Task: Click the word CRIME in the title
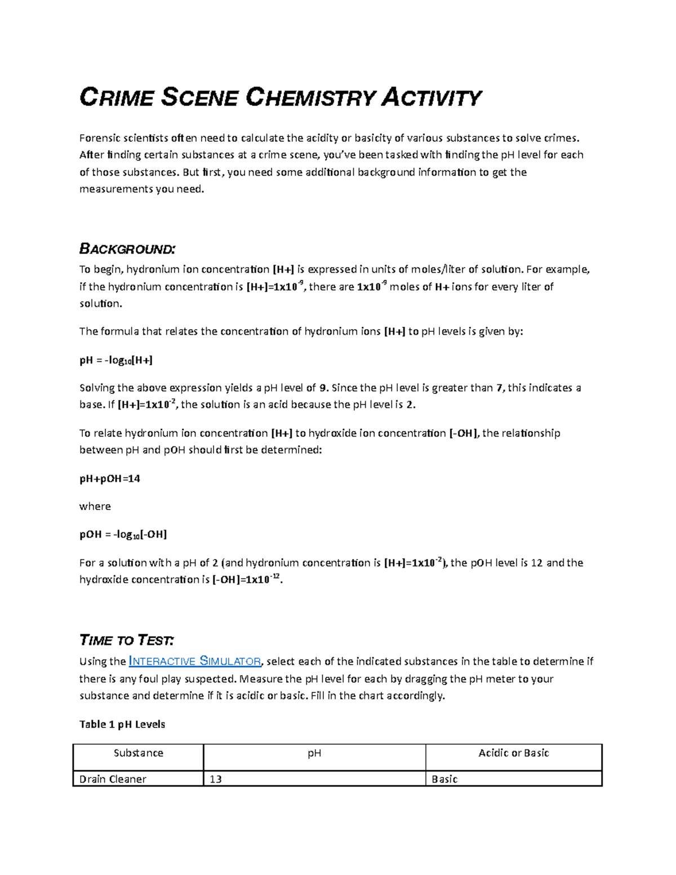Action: [117, 97]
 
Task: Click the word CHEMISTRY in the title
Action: [310, 97]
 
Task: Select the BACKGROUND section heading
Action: [127, 248]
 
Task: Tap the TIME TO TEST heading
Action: [127, 640]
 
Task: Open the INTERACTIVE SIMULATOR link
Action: [195, 661]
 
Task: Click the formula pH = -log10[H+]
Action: [116, 360]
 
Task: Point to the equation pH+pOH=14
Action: [110, 478]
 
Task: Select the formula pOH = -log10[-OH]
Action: [123, 534]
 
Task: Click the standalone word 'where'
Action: [95, 506]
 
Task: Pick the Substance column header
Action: [138, 753]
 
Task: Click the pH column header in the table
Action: [314, 753]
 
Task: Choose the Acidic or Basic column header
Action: [513, 753]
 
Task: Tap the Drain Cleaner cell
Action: [113, 779]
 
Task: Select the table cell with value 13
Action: [216, 779]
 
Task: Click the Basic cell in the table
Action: [444, 779]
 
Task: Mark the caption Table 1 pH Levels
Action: [122, 724]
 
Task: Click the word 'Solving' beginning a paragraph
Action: [97, 388]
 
